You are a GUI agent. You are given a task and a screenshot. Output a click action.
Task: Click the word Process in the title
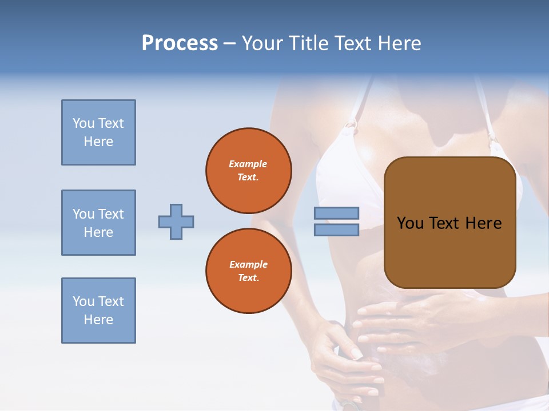(180, 43)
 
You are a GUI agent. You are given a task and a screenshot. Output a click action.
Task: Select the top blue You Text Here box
(98, 132)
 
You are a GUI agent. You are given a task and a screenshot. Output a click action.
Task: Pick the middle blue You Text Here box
(98, 223)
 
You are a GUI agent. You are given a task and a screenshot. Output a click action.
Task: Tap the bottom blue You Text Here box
(98, 311)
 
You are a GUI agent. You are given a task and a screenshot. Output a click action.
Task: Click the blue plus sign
(176, 221)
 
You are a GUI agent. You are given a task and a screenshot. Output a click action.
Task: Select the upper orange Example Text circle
(249, 170)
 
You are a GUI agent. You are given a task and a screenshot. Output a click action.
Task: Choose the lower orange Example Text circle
(249, 271)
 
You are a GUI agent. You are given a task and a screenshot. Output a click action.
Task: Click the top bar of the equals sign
(336, 213)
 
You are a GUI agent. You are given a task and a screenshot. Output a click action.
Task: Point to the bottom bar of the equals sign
(336, 229)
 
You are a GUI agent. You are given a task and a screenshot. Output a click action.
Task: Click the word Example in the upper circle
(248, 164)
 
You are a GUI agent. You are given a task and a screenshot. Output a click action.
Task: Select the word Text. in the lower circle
(248, 277)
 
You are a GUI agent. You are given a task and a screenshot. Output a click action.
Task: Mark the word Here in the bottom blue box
(98, 320)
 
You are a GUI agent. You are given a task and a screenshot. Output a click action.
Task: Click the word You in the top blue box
(83, 123)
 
